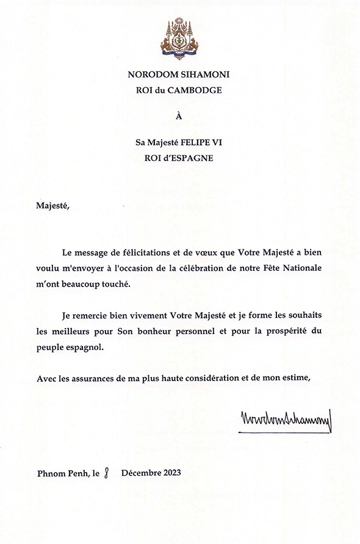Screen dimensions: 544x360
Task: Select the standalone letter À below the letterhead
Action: click(x=179, y=116)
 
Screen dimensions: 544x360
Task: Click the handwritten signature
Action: click(x=284, y=421)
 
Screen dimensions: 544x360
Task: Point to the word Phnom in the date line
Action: click(x=50, y=473)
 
